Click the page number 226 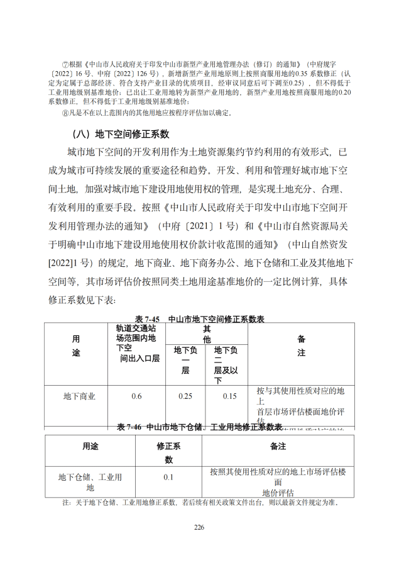click(199, 526)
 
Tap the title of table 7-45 click(199, 319)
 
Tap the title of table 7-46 click(199, 427)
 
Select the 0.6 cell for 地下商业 click(136, 396)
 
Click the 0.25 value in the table click(185, 396)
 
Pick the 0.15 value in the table click(229, 396)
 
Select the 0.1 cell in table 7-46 click(168, 478)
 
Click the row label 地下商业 click(79, 396)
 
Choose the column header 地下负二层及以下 click(226, 365)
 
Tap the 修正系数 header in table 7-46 click(168, 452)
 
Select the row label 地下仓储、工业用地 click(90, 482)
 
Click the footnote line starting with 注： click(200, 503)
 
